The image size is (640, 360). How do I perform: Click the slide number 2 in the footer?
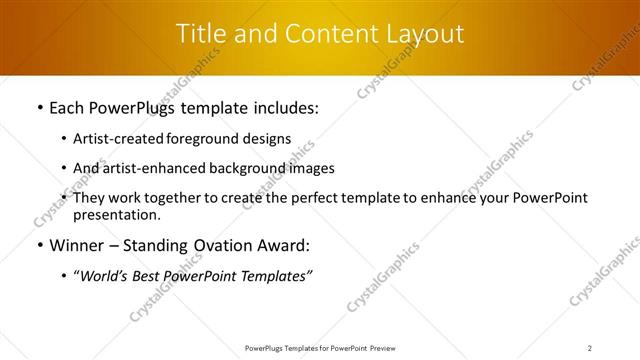click(590, 347)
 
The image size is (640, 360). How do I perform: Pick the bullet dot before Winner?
click(38, 244)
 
